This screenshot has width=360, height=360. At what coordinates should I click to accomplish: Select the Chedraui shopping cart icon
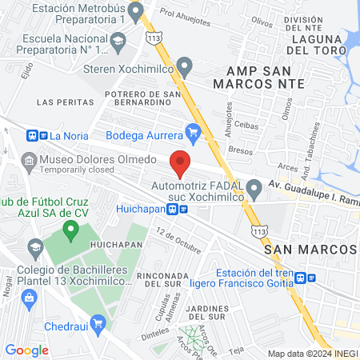(x=98, y=322)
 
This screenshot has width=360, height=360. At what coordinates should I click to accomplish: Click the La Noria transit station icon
(x=32, y=135)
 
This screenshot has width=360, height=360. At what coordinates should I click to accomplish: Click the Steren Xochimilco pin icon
(x=185, y=65)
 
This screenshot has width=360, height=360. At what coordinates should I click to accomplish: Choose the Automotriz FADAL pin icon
(x=254, y=190)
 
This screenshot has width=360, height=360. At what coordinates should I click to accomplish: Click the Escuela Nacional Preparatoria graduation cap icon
(x=118, y=39)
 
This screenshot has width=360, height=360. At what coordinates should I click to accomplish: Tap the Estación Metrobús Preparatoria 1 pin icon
(x=136, y=11)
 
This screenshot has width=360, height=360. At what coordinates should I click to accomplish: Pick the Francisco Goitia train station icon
(x=300, y=278)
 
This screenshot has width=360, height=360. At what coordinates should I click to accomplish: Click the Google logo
(x=26, y=350)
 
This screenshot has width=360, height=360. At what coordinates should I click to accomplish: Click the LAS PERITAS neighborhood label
(x=60, y=102)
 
